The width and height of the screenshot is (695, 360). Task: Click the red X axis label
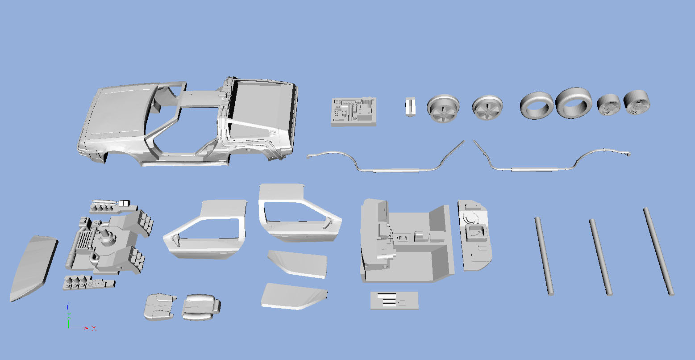click(x=94, y=328)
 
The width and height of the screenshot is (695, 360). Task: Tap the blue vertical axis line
click(x=68, y=314)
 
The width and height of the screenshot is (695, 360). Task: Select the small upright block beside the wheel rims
click(x=410, y=107)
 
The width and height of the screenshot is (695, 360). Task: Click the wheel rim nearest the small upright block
click(x=443, y=108)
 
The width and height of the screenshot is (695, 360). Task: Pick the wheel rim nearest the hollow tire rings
click(x=487, y=107)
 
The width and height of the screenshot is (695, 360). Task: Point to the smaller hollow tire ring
click(x=537, y=105)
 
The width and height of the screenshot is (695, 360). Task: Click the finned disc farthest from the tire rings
click(x=637, y=102)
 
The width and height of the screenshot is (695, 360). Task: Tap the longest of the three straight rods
click(x=658, y=251)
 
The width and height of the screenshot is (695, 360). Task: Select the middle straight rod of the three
click(x=601, y=257)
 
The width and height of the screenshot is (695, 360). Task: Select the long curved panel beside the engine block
click(x=33, y=268)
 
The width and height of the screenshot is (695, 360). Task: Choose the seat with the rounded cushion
click(x=201, y=307)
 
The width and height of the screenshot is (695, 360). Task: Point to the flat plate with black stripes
click(x=394, y=300)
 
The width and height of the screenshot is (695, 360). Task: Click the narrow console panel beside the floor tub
click(x=474, y=235)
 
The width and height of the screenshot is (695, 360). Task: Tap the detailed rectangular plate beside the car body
click(x=354, y=111)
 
